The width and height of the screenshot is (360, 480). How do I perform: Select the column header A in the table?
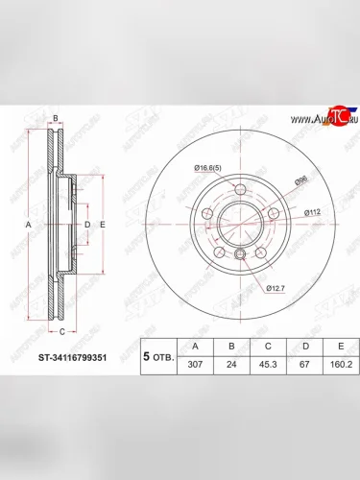coord(196,347)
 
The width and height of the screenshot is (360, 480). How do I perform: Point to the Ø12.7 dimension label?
coord(276,285)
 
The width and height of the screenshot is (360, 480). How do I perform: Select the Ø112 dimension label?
coord(312,211)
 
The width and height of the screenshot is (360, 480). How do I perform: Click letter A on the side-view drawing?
coord(28,225)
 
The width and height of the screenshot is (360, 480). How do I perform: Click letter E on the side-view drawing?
coord(102,225)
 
